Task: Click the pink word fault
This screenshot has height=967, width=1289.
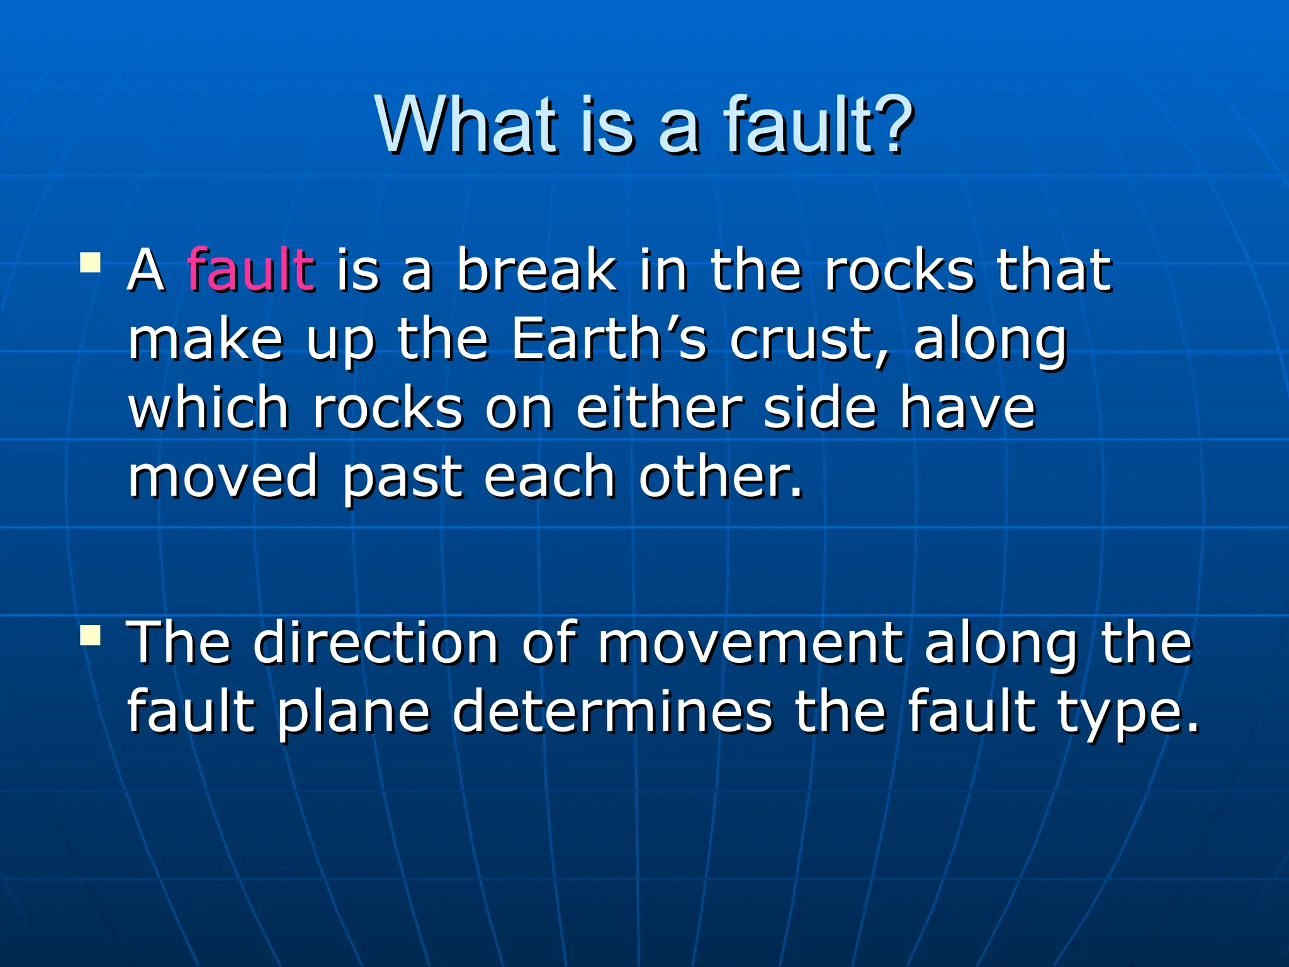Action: (x=250, y=271)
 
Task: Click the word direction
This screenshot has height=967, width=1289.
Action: (x=376, y=643)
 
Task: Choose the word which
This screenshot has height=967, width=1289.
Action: (x=208, y=409)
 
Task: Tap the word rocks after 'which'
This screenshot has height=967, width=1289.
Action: (x=388, y=409)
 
